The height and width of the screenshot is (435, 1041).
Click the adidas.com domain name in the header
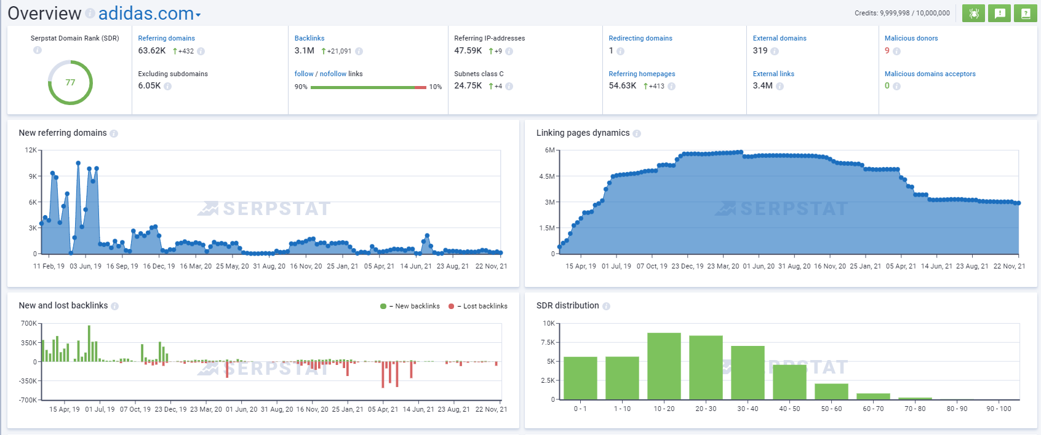(x=146, y=14)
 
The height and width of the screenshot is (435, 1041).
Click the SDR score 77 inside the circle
(x=70, y=82)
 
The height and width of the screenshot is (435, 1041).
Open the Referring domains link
(x=166, y=38)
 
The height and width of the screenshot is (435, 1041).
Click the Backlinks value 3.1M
(x=305, y=51)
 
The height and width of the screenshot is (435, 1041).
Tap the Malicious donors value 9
(x=887, y=51)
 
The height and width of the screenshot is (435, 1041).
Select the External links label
(x=773, y=74)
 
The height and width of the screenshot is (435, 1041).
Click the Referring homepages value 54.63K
(x=622, y=86)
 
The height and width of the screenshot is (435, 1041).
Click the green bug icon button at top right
(x=974, y=13)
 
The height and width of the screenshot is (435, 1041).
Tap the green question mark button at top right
(x=1026, y=13)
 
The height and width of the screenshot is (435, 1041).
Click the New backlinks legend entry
(x=410, y=306)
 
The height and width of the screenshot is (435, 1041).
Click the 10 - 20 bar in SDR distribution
(x=664, y=366)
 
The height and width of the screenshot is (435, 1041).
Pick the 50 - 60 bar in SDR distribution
(x=831, y=391)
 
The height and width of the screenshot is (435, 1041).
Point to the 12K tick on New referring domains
(x=31, y=150)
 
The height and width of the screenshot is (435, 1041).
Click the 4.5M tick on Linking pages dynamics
(x=547, y=176)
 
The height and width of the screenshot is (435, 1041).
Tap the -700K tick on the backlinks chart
(x=28, y=400)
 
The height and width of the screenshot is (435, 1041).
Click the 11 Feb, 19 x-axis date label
(x=49, y=266)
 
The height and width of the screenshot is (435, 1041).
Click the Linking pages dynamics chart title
(x=583, y=133)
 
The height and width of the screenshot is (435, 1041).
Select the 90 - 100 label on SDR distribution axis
(x=999, y=409)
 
